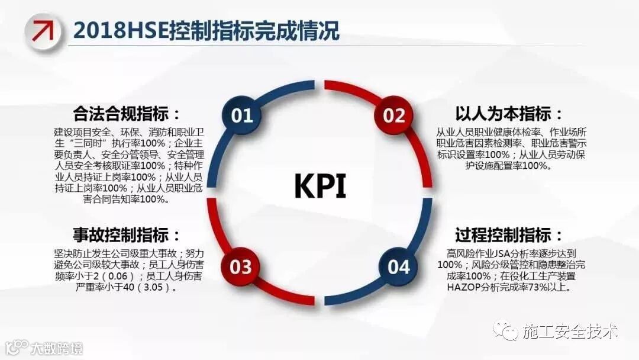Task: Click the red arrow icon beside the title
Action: [x=43, y=30]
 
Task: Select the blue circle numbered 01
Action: [x=242, y=115]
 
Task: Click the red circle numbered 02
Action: [x=393, y=115]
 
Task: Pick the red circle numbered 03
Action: [x=241, y=267]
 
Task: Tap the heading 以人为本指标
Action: [x=509, y=114]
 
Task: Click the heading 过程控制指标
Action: [x=509, y=234]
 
